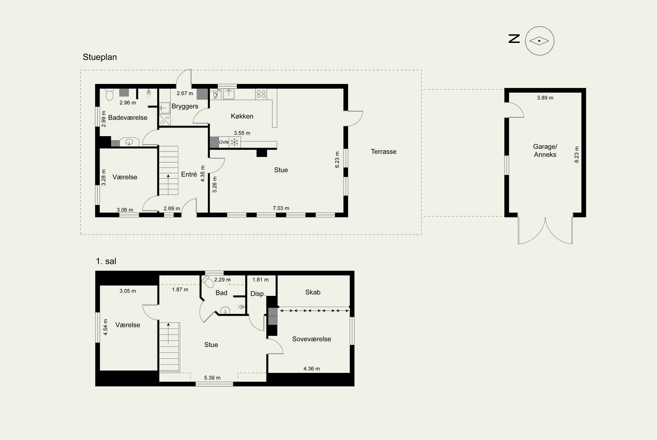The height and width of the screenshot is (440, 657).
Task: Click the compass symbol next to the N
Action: pyautogui.click(x=539, y=41)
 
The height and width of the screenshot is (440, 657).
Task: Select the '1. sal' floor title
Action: pyautogui.click(x=106, y=261)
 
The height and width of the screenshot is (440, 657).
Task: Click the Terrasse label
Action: pyautogui.click(x=384, y=151)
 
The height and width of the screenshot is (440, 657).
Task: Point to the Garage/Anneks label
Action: pyautogui.click(x=545, y=150)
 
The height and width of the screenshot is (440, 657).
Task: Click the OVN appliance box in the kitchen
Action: pyautogui.click(x=224, y=142)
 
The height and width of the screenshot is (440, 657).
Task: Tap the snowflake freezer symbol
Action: pyautogui.click(x=234, y=142)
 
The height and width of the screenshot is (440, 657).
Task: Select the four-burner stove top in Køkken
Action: pyautogui.click(x=261, y=94)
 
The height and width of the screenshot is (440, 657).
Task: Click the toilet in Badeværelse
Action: pyautogui.click(x=109, y=95)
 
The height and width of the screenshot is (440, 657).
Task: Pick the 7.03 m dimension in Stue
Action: pyautogui.click(x=281, y=208)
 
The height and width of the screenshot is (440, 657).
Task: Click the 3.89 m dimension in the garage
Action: pyautogui.click(x=545, y=98)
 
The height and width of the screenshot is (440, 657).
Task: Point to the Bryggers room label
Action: pyautogui.click(x=185, y=106)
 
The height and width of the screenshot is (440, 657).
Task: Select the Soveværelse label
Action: pyautogui.click(x=311, y=339)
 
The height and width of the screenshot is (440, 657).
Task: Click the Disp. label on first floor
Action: pyautogui.click(x=258, y=294)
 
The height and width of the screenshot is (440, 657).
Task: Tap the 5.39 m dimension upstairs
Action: pyautogui.click(x=212, y=378)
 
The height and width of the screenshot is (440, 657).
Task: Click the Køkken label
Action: pyautogui.click(x=242, y=116)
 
